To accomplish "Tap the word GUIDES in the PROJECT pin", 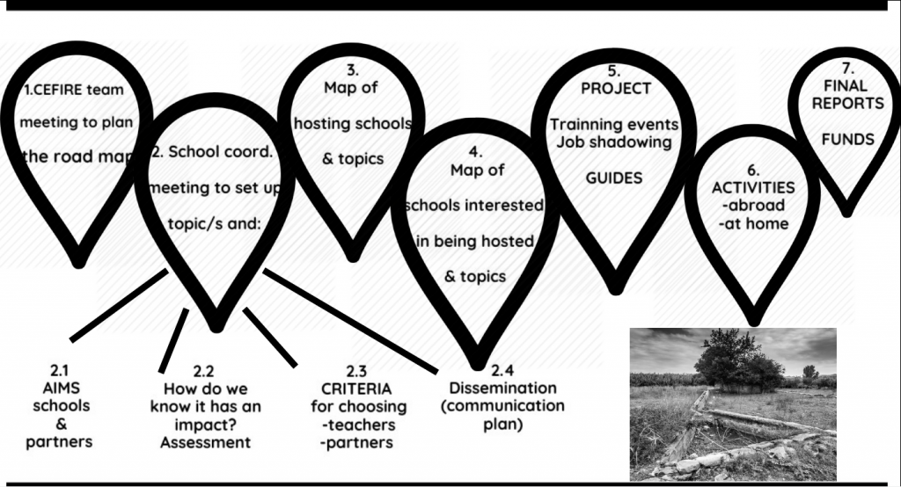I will tap(614, 178).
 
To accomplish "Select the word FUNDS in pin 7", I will tap(847, 139).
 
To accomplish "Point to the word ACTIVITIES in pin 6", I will tap(754, 187).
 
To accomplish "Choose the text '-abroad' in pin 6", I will tap(754, 206).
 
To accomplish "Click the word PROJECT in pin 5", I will tap(616, 88).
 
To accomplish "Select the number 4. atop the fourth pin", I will tap(475, 152).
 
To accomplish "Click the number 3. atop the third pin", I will tap(352, 69).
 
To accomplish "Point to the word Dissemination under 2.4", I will tap(503, 388).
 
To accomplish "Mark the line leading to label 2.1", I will tap(118, 305).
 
